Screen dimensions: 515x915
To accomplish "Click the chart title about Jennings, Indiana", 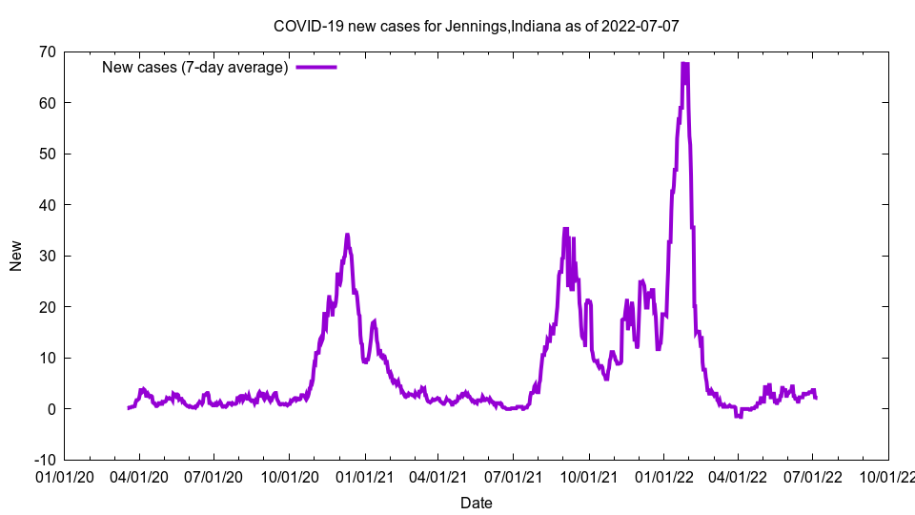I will [x=476, y=26].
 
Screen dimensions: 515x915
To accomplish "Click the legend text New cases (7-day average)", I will [x=194, y=67].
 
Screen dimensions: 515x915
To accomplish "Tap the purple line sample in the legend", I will [x=316, y=67].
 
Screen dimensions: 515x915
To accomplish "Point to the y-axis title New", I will [x=16, y=256].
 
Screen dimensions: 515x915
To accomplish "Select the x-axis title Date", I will [x=476, y=503].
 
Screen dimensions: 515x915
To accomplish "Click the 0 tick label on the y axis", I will [x=51, y=409].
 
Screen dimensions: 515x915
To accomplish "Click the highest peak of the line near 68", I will [x=684, y=64].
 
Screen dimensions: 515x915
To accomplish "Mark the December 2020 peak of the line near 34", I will [x=347, y=235].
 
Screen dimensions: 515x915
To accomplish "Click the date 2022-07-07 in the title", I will [x=640, y=26].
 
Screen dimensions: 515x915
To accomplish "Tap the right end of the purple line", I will [x=816, y=397].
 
